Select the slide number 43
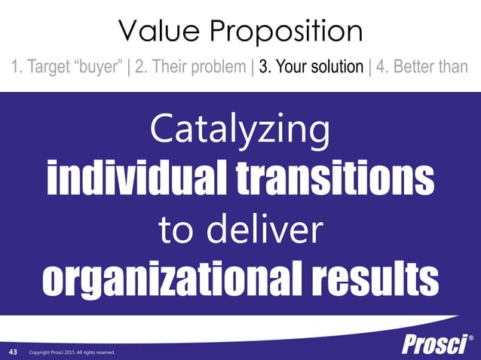[14, 352]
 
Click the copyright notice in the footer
[72, 352]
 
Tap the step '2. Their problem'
[191, 67]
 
